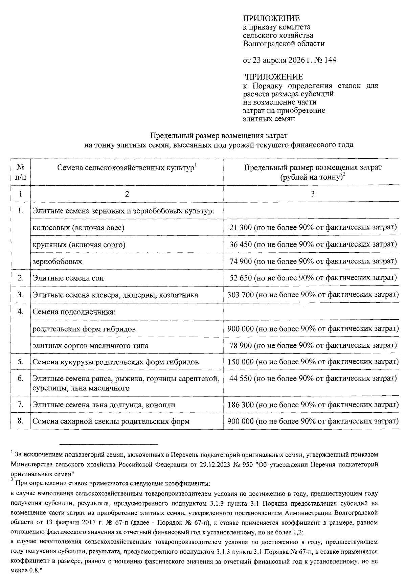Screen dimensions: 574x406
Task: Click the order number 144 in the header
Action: click(x=330, y=60)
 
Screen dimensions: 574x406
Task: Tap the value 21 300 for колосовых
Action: click(x=240, y=228)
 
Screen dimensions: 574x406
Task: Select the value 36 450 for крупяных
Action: click(x=240, y=245)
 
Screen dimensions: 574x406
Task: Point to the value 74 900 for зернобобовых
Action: click(x=240, y=261)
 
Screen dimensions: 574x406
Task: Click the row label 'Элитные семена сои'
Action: click(x=68, y=278)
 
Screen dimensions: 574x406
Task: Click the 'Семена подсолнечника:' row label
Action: click(x=74, y=312)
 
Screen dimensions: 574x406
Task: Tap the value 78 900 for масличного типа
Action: click(x=240, y=345)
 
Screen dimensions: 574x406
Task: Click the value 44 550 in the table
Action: click(x=240, y=378)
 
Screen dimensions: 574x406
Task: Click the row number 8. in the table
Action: click(x=21, y=421)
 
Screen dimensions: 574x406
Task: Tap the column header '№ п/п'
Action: click(x=21, y=172)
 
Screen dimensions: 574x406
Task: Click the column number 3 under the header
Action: click(x=313, y=194)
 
